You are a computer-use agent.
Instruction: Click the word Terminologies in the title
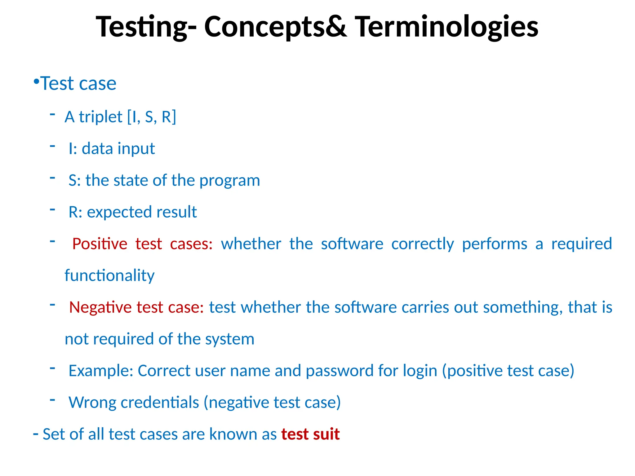(x=446, y=27)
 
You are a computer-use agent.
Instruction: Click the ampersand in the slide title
(x=336, y=27)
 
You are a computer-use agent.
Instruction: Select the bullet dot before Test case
(x=36, y=82)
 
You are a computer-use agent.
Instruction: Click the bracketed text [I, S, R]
(x=152, y=117)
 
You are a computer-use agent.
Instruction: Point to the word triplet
(x=100, y=117)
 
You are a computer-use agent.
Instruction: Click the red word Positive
(x=100, y=244)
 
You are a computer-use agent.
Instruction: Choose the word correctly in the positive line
(x=422, y=244)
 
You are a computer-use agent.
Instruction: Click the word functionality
(x=109, y=275)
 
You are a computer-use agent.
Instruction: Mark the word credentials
(x=160, y=403)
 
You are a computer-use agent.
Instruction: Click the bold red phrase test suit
(x=310, y=434)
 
